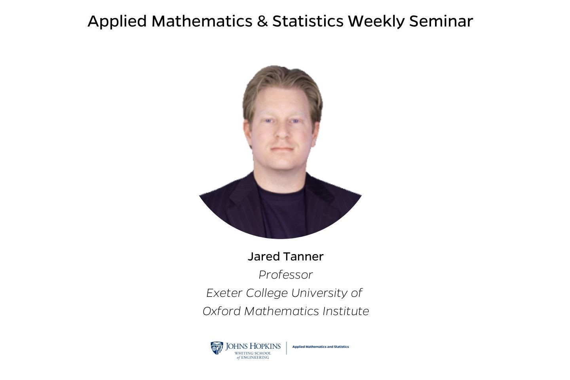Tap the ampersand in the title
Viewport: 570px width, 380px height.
[262, 21]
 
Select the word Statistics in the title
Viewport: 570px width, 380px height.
[308, 21]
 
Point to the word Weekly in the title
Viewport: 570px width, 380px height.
[376, 21]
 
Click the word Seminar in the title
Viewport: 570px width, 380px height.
[441, 21]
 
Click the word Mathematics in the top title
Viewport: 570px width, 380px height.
[202, 21]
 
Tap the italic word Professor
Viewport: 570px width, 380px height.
[285, 275]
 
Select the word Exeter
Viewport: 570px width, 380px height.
[224, 293]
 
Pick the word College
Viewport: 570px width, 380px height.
[266, 293]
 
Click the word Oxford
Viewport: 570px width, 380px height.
[221, 311]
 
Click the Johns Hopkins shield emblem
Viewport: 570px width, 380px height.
[217, 348]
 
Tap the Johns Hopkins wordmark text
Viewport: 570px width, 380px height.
[253, 346]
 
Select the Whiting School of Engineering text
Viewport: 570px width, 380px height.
[253, 355]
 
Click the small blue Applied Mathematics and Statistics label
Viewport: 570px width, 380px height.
[321, 347]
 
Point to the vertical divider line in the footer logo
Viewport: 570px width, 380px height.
[286, 348]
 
